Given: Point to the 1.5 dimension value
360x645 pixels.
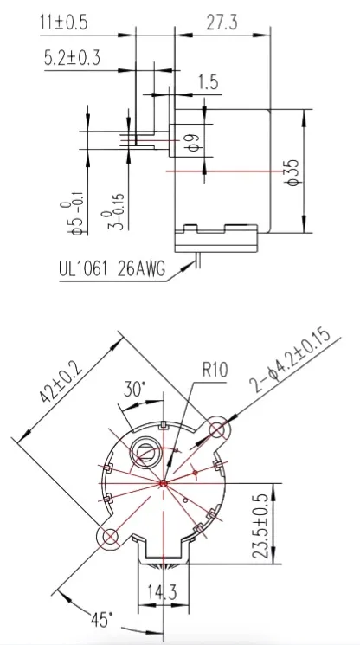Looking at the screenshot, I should click(x=208, y=82).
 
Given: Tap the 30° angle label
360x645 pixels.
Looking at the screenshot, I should click(x=134, y=388).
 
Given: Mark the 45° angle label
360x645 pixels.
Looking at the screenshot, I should click(x=103, y=621).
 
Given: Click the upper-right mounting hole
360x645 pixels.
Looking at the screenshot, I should click(x=219, y=429).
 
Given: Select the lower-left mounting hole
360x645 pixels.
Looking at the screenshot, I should click(x=110, y=537).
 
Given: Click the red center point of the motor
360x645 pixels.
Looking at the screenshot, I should click(x=164, y=483).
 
